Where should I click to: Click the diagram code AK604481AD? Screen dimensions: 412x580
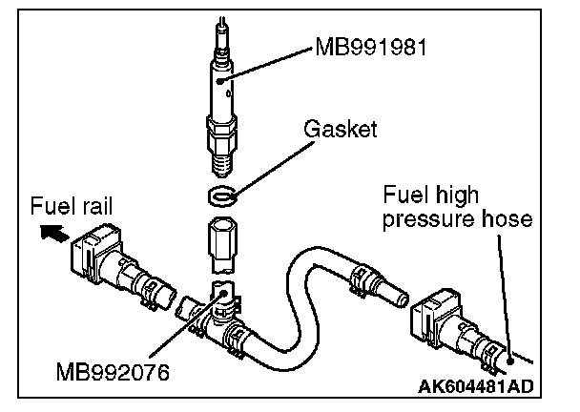click(474, 385)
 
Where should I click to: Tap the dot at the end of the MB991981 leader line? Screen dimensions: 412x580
click(221, 83)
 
